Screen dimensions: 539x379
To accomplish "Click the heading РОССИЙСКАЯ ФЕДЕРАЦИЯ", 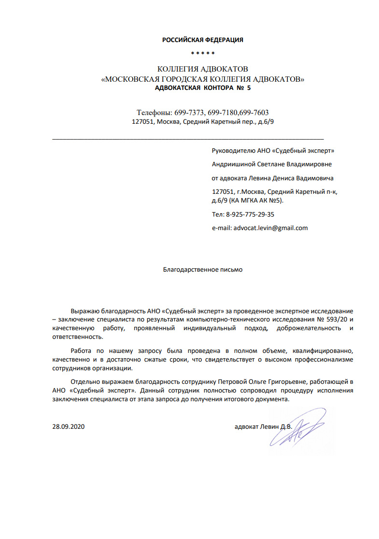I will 202,40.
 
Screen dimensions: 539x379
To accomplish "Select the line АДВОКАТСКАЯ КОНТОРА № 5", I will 202,88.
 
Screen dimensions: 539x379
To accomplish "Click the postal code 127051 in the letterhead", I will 143,122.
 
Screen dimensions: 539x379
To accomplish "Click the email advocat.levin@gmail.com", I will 270,228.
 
